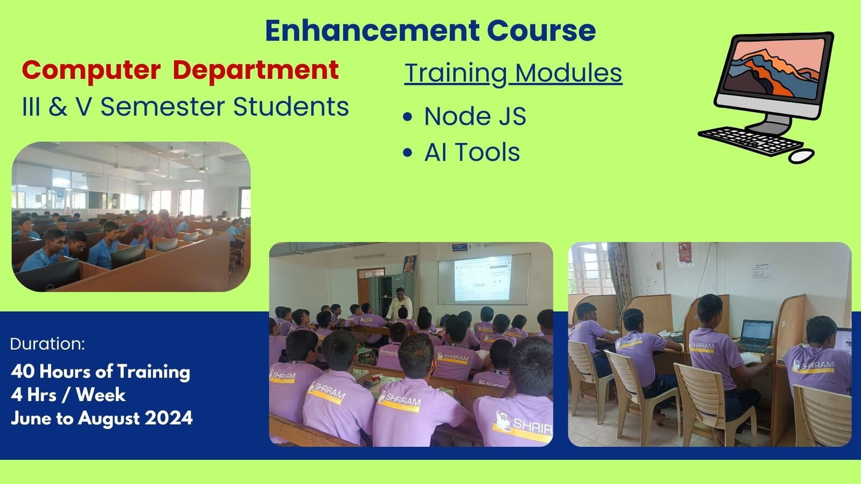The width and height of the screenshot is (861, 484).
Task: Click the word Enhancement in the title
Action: [x=372, y=30]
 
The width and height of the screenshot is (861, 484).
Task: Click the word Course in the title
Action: [x=541, y=30]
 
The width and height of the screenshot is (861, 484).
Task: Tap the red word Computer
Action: [x=91, y=71]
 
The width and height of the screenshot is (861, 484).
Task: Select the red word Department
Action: [x=256, y=70]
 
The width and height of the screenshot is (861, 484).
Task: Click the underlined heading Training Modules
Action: [x=513, y=73]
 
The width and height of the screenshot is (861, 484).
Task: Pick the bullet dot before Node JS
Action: [x=407, y=116]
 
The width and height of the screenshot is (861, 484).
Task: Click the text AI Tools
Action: [x=472, y=152]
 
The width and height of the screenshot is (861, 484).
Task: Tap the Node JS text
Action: [x=475, y=116]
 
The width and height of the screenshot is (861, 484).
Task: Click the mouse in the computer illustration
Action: [x=801, y=156]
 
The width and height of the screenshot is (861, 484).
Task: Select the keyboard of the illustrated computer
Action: [x=750, y=141]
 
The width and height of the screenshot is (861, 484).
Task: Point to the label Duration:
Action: [x=47, y=344]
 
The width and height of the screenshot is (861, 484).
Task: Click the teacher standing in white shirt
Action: [x=400, y=303]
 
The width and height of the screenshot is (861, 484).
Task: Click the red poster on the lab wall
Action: [x=685, y=253]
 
